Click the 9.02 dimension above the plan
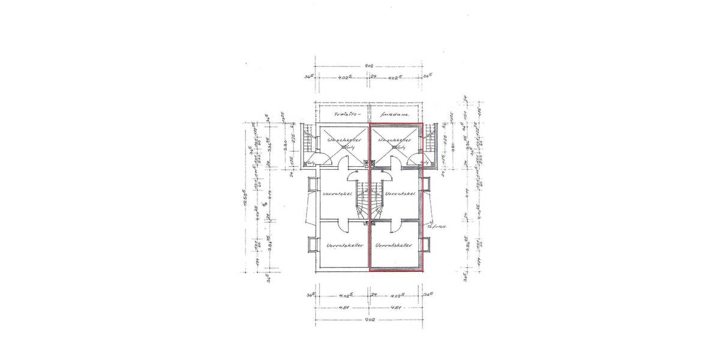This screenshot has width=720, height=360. [x=369, y=66]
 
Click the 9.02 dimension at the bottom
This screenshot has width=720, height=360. [x=369, y=320]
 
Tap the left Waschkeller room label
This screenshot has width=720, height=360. [x=340, y=140]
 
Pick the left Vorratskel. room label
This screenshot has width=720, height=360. [x=336, y=194]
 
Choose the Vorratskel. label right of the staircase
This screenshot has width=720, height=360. [x=398, y=194]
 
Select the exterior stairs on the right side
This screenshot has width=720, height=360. [x=430, y=144]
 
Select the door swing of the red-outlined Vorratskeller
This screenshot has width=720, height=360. [x=396, y=226]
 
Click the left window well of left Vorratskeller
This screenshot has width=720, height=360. [x=311, y=245]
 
